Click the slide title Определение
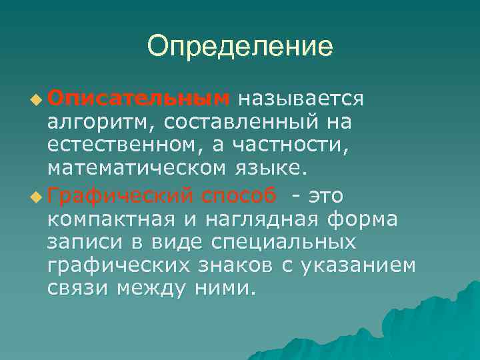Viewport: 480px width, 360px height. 239,46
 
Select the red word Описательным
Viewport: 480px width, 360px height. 138,99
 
